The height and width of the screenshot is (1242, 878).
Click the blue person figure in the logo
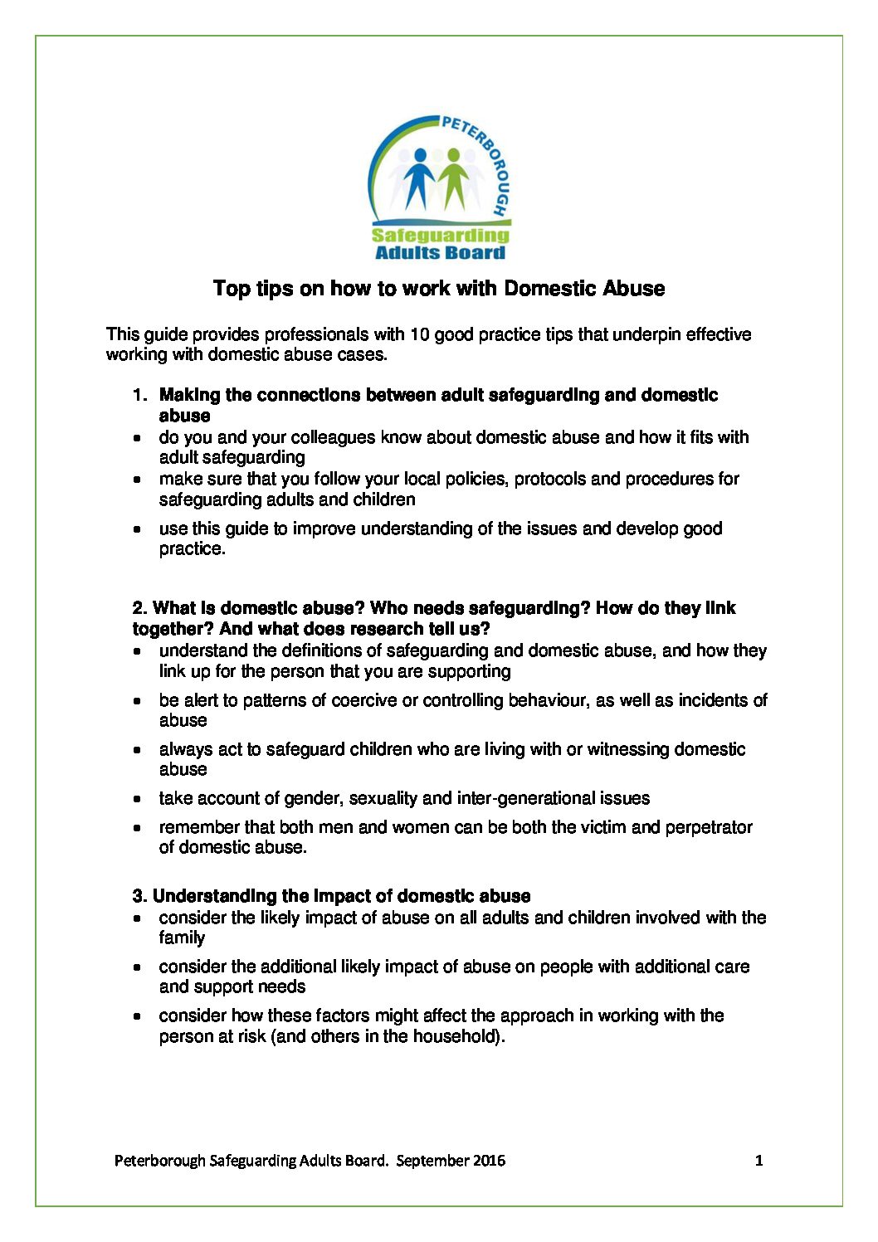pos(421,177)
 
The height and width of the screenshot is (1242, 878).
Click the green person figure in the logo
pos(453,177)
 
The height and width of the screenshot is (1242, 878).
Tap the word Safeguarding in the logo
pos(441,235)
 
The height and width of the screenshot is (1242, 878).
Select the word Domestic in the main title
pos(540,289)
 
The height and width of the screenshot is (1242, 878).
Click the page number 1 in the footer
pos(758,1160)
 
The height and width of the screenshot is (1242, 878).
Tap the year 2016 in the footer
pos(489,1160)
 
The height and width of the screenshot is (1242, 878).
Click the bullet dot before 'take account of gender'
pos(138,799)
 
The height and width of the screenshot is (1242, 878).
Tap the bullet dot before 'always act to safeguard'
pos(138,750)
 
